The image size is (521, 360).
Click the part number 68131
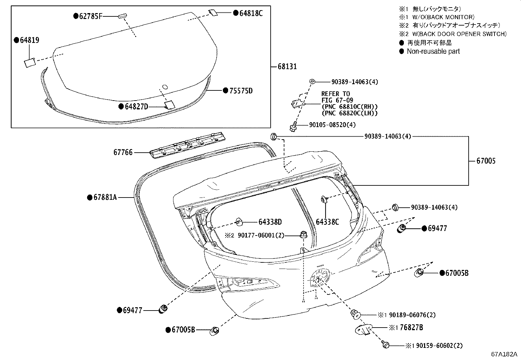[287, 66]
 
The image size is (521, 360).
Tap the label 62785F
[90, 16]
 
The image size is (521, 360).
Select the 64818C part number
[251, 13]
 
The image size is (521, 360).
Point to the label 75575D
[241, 91]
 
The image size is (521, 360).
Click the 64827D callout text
[136, 107]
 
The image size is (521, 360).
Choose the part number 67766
[123, 153]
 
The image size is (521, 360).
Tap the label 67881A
[105, 198]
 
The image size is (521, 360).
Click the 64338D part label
[270, 222]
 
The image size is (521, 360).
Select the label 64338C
[327, 222]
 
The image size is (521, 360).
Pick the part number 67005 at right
[486, 161]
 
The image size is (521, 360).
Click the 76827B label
[411, 328]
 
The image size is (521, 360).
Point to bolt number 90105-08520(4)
[332, 125]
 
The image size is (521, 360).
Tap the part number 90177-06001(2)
[261, 236]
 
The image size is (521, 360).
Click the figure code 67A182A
[504, 354]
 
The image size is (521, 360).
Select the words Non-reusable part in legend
[433, 51]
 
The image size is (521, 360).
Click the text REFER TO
[336, 94]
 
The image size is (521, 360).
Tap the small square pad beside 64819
[30, 63]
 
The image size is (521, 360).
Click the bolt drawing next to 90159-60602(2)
[385, 344]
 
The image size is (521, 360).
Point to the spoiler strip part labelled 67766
[187, 145]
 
